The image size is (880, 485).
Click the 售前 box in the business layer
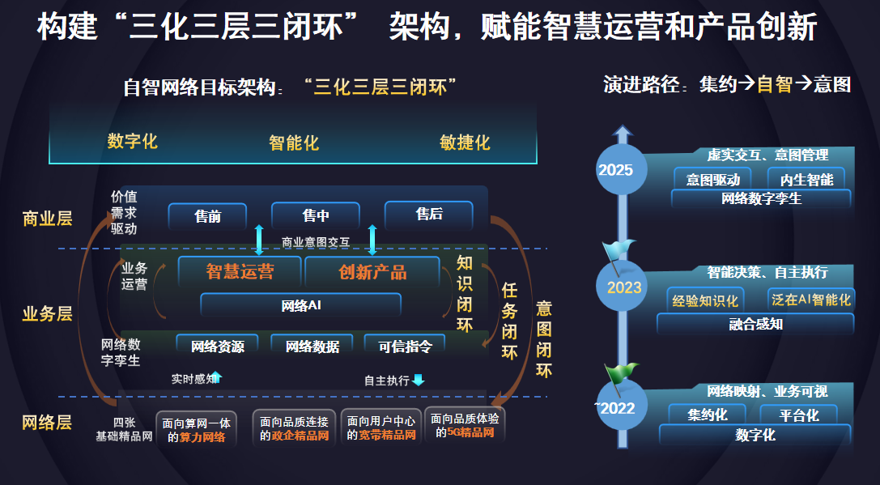(x=207, y=216)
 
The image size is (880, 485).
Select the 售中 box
(x=315, y=216)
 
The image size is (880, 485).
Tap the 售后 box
(x=428, y=215)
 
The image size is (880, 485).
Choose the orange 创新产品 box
(x=372, y=272)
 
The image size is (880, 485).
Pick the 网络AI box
(x=300, y=305)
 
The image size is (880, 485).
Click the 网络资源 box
(x=217, y=347)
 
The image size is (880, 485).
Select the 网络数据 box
(x=312, y=347)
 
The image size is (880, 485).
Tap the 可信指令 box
(x=405, y=347)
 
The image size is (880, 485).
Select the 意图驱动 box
(x=712, y=179)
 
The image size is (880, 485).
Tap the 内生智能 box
(x=806, y=179)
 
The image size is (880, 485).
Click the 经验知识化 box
(x=705, y=300)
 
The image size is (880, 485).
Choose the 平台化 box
(x=799, y=415)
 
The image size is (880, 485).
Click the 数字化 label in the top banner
(x=132, y=142)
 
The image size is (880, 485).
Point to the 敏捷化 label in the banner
(x=465, y=143)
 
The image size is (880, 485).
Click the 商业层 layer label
(x=48, y=219)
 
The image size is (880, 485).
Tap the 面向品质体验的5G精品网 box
(x=465, y=426)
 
